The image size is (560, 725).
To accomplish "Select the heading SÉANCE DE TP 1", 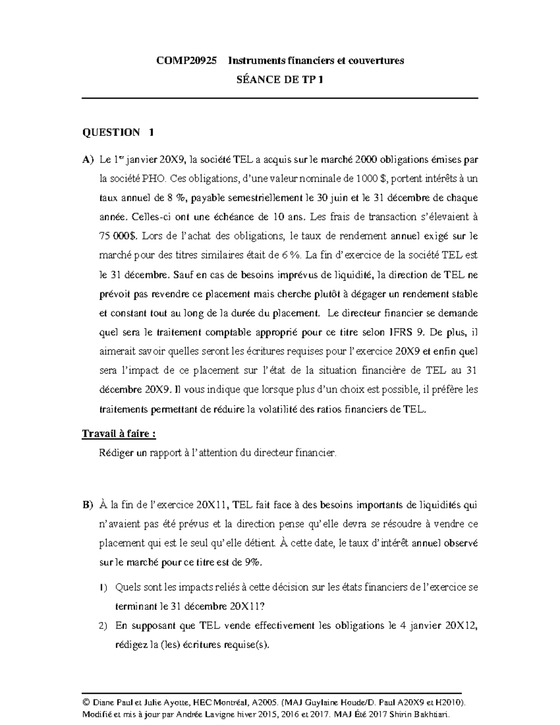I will pyautogui.click(x=280, y=79).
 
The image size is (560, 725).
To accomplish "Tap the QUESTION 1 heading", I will pyautogui.click(x=118, y=133).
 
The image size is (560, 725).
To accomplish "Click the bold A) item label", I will pyautogui.click(x=88, y=160).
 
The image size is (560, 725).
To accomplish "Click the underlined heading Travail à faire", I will pyautogui.click(x=119, y=434).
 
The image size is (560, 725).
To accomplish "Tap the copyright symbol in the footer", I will pyautogui.click(x=85, y=702).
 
